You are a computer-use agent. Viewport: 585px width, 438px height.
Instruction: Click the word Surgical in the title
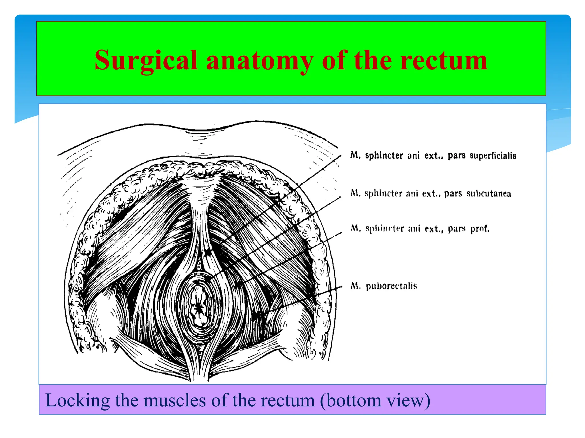tap(146, 60)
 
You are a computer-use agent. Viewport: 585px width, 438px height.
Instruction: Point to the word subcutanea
tap(489, 194)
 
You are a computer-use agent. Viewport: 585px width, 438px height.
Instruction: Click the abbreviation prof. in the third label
tap(480, 229)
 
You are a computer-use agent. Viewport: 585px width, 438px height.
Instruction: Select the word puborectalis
tap(391, 286)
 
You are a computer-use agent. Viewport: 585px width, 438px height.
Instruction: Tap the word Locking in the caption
tap(77, 400)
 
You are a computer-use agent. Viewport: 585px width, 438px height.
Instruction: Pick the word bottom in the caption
tap(353, 400)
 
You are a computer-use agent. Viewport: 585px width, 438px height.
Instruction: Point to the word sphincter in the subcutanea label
tap(383, 194)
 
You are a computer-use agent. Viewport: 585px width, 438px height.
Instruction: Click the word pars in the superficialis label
tap(456, 156)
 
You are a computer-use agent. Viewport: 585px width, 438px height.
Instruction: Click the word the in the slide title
tap(373, 60)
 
